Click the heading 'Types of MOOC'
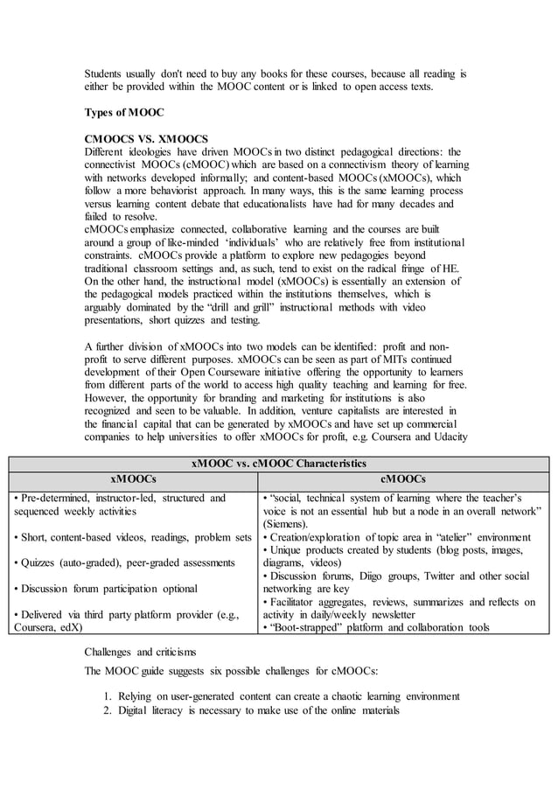[x=123, y=114]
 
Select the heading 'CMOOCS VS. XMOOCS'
[x=146, y=138]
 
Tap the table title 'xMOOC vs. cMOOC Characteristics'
[x=279, y=463]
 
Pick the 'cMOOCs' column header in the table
[x=403, y=479]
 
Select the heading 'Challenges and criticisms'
[x=140, y=652]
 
